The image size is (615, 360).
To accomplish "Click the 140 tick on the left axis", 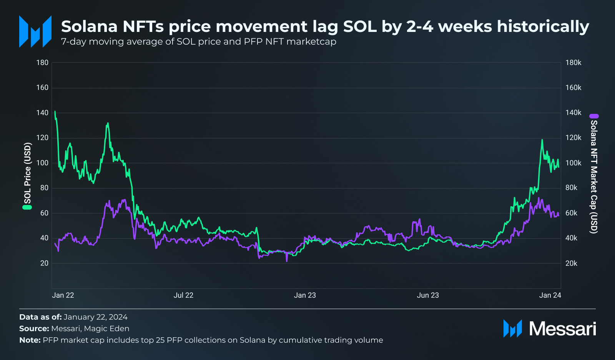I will [42, 113].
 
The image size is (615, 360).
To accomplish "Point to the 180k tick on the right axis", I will [573, 63].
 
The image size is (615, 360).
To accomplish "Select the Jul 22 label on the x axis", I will [183, 295].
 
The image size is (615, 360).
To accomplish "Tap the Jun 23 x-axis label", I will [428, 295].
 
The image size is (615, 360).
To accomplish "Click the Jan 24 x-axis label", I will [550, 295].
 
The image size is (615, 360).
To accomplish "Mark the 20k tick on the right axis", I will [571, 263].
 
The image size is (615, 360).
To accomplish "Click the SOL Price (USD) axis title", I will [27, 173].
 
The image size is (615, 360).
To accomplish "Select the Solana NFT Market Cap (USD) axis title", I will [594, 177].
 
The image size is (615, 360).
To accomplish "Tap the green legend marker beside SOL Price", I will [27, 207].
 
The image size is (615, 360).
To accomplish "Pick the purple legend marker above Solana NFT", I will [594, 116].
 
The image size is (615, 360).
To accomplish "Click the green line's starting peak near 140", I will [55, 112].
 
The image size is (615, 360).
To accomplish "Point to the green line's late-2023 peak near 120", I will [542, 140].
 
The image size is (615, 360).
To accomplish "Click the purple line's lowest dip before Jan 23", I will [287, 260].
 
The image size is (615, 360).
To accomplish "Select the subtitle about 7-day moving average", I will [198, 42].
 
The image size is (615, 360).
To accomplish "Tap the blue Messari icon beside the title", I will [35, 32].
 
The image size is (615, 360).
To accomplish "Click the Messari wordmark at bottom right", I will [562, 329].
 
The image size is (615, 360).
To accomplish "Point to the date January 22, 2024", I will [95, 317].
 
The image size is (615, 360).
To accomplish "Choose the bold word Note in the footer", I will [29, 340].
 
